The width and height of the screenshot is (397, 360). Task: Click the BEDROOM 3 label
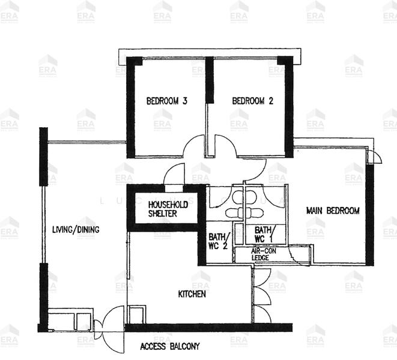coord(167,101)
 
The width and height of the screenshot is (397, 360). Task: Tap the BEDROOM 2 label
coord(253,101)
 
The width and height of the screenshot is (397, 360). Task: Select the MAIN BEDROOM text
coord(332,211)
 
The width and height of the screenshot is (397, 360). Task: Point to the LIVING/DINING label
coord(75,229)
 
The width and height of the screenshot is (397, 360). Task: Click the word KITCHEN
coord(192,294)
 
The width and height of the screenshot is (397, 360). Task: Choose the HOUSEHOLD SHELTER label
coord(168,209)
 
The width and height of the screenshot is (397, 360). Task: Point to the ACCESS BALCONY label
coord(169,346)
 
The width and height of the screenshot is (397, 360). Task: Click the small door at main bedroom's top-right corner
coord(374,157)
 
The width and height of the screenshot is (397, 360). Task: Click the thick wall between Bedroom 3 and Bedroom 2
coord(209,81)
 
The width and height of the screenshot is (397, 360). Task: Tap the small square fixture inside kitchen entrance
coord(137,314)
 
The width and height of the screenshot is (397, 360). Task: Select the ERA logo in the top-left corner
coord(9,11)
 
